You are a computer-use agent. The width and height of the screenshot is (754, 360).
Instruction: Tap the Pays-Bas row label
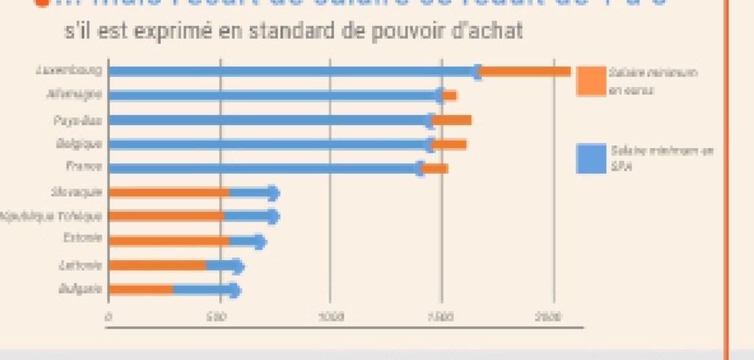pyautogui.click(x=77, y=120)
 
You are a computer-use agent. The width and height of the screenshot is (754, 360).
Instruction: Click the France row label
pyautogui.click(x=84, y=166)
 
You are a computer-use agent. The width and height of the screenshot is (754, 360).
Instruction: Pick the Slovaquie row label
pyautogui.click(x=77, y=192)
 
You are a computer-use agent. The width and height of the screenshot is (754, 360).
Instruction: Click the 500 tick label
pyautogui.click(x=219, y=317)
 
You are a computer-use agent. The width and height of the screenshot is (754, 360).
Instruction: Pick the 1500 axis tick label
pyautogui.click(x=442, y=317)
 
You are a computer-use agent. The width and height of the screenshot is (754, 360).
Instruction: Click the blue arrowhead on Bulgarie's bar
pyautogui.click(x=234, y=291)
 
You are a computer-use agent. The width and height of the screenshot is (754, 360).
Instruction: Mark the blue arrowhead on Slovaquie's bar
pyautogui.click(x=273, y=194)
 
